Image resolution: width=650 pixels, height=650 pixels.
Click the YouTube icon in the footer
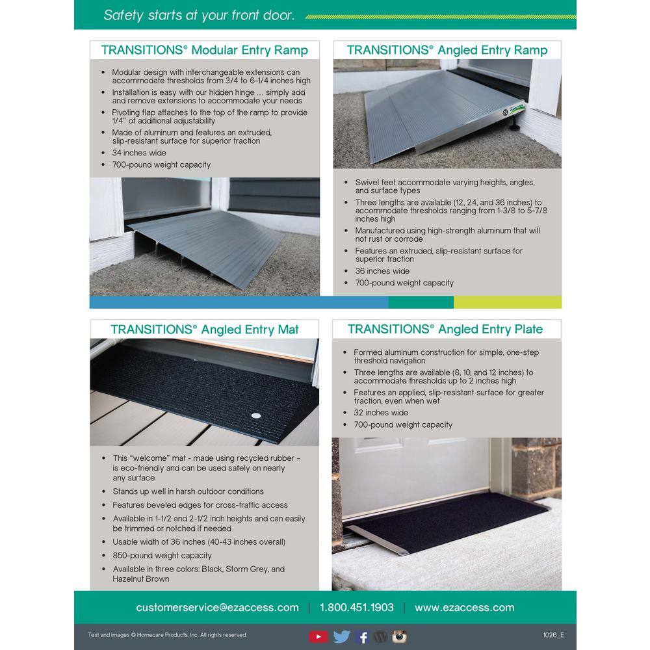(318, 636)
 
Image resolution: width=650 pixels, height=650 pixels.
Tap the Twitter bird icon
(341, 636)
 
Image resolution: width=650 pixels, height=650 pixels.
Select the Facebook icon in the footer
(363, 636)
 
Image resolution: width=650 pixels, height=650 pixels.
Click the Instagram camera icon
(399, 636)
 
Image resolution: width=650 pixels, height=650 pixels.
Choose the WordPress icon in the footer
(381, 636)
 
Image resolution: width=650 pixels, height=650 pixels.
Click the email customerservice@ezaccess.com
(217, 608)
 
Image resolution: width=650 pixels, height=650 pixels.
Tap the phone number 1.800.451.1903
(356, 608)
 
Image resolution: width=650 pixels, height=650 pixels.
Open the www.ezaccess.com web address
(464, 608)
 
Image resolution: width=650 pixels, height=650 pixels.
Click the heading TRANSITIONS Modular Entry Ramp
(204, 50)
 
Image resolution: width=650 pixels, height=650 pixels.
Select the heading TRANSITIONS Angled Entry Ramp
(447, 50)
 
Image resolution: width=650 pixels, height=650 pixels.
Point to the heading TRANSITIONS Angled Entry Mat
(204, 329)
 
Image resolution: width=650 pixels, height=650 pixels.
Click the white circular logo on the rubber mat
(255, 413)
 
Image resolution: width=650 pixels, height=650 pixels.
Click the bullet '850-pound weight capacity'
(162, 556)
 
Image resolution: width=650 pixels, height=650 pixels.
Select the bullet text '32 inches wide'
(381, 413)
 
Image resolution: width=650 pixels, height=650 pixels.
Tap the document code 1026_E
(553, 635)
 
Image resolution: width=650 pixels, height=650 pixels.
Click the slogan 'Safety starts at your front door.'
(199, 16)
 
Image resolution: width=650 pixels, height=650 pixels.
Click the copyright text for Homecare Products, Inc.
(167, 635)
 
